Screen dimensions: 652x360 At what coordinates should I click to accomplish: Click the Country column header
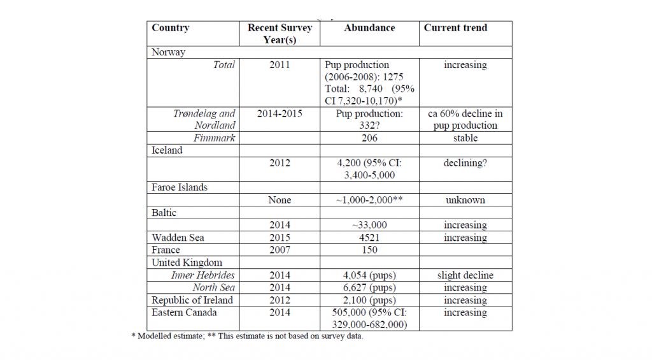(x=171, y=28)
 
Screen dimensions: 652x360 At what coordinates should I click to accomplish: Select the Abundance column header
(x=369, y=28)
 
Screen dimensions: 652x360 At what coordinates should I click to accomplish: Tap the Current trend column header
(x=455, y=28)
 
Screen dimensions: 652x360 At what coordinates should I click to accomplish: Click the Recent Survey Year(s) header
(x=280, y=34)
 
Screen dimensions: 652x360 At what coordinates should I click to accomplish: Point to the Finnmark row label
(x=214, y=138)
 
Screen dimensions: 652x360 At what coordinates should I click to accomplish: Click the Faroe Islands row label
(x=179, y=187)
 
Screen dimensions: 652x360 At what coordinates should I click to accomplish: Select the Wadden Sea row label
(x=178, y=238)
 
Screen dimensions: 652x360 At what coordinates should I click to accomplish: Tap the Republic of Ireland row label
(x=192, y=300)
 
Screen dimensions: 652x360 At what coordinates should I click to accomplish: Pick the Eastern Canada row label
(x=184, y=313)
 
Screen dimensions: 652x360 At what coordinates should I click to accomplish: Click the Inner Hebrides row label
(x=203, y=275)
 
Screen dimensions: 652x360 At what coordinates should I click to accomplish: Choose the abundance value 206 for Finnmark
(x=369, y=138)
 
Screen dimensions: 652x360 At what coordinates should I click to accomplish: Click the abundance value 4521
(x=369, y=238)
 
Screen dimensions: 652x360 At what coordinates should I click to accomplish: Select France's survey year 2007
(x=280, y=250)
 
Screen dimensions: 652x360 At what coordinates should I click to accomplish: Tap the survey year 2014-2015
(x=280, y=113)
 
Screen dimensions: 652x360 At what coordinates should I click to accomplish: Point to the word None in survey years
(x=280, y=200)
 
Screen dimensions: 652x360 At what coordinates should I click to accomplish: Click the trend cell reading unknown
(x=465, y=200)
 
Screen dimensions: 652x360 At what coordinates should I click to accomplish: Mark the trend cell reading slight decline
(x=465, y=275)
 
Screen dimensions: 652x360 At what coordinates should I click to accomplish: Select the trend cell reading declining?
(x=465, y=162)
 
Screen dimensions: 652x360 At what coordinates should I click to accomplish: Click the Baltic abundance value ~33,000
(x=369, y=225)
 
